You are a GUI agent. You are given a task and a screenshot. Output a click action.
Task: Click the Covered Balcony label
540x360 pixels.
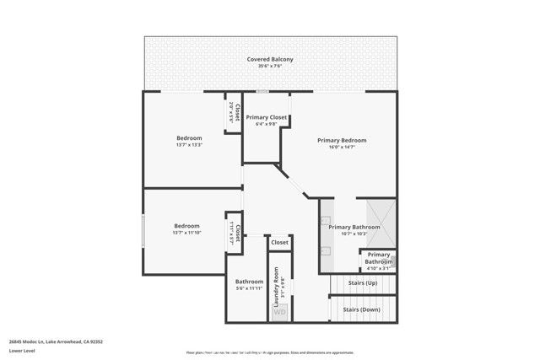coord(270,59)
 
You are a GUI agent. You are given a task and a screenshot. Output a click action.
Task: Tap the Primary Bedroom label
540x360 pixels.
coord(342,140)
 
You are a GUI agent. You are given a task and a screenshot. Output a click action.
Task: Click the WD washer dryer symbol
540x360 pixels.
coord(279,312)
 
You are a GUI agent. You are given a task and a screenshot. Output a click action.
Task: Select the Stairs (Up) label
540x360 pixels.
coord(360,284)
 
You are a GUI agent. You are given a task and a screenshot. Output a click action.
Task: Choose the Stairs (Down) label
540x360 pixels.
coord(361,309)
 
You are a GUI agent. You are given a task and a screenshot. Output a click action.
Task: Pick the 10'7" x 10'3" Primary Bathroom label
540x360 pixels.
coord(354,227)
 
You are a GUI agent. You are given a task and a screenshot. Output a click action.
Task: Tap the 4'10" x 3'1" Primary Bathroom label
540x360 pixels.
coord(379,258)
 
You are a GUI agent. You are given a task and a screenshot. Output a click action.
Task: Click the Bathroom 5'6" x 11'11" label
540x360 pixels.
coord(249,282)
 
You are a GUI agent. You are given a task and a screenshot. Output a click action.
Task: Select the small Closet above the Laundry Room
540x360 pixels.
coord(279,242)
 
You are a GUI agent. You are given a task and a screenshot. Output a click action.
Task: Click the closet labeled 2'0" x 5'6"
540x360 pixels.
coord(236,113)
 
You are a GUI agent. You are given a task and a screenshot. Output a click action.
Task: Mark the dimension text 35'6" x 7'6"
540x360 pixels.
coord(270,67)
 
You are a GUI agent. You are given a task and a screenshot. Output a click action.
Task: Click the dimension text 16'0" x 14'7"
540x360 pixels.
coord(342,147)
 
